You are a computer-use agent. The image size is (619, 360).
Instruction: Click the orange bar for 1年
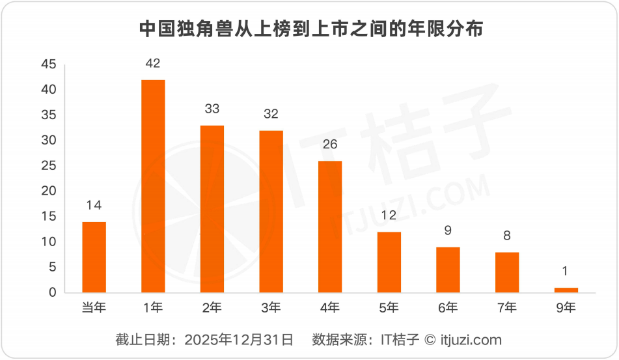(x=153, y=186)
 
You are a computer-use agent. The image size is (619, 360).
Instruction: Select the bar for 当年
(x=94, y=257)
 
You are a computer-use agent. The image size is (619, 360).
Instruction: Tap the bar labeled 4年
(x=330, y=227)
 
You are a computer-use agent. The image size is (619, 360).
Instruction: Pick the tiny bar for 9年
(x=566, y=290)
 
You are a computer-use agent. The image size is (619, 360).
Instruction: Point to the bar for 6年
(x=448, y=270)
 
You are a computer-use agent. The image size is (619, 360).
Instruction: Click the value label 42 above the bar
(x=153, y=64)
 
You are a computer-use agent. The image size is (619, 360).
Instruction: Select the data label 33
(x=212, y=109)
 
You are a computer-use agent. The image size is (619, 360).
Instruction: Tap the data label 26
(x=330, y=145)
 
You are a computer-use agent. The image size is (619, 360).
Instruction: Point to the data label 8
(x=507, y=236)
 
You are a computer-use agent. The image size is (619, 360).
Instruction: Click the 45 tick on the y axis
(x=49, y=64)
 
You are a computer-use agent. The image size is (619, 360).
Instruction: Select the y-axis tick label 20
(x=49, y=191)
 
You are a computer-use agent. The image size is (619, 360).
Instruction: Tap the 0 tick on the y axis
(x=53, y=292)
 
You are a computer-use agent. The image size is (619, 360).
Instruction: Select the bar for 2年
(x=212, y=209)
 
